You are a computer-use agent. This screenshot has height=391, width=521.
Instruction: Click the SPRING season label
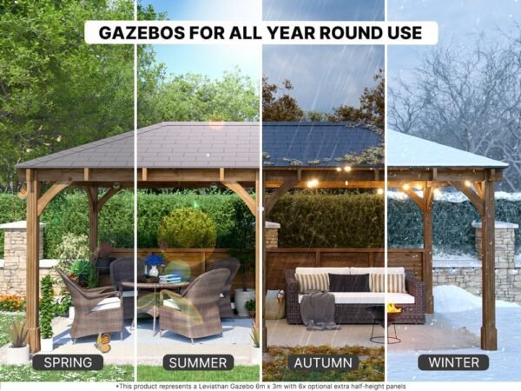pos(68,362)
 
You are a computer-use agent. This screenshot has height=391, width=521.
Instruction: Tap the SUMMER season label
pos(198,362)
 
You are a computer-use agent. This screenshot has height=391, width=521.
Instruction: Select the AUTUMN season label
pos(323,362)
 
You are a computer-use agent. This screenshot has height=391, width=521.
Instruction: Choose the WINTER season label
pos(453,362)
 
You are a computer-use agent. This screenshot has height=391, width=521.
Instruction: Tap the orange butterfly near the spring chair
pos(103,343)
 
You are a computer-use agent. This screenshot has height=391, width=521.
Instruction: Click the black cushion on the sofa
pos(349,282)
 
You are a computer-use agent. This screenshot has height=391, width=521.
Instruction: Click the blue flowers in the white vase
pos(155,260)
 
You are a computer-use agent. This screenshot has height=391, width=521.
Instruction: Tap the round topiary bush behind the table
pos(188,229)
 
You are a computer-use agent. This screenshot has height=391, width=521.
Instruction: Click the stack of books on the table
pos(170,279)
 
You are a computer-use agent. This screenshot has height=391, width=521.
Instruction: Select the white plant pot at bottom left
pos(18,354)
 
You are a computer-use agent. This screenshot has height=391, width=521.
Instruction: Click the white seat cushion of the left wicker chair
pos(106,304)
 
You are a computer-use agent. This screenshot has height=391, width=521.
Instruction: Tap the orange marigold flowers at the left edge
pos(12,302)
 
